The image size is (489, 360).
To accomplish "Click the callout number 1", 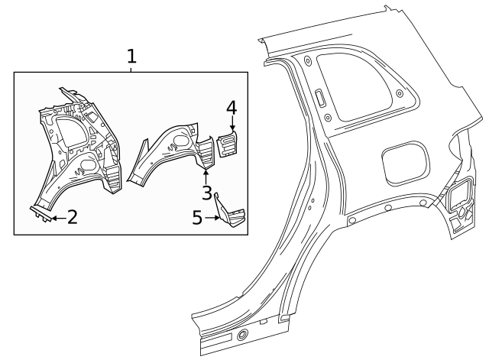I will pos(131,57).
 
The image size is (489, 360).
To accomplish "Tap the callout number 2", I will pos(72,218).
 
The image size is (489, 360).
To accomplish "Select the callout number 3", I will pos(206,192).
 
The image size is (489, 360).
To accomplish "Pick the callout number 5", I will pos(197,219).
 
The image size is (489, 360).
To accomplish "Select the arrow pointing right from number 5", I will pos(214,219).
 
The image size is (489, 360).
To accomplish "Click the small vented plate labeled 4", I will pos(228,144).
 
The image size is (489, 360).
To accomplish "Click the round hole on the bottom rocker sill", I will pos(242,336).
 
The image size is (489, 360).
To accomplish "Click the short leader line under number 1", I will pos(131,70).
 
